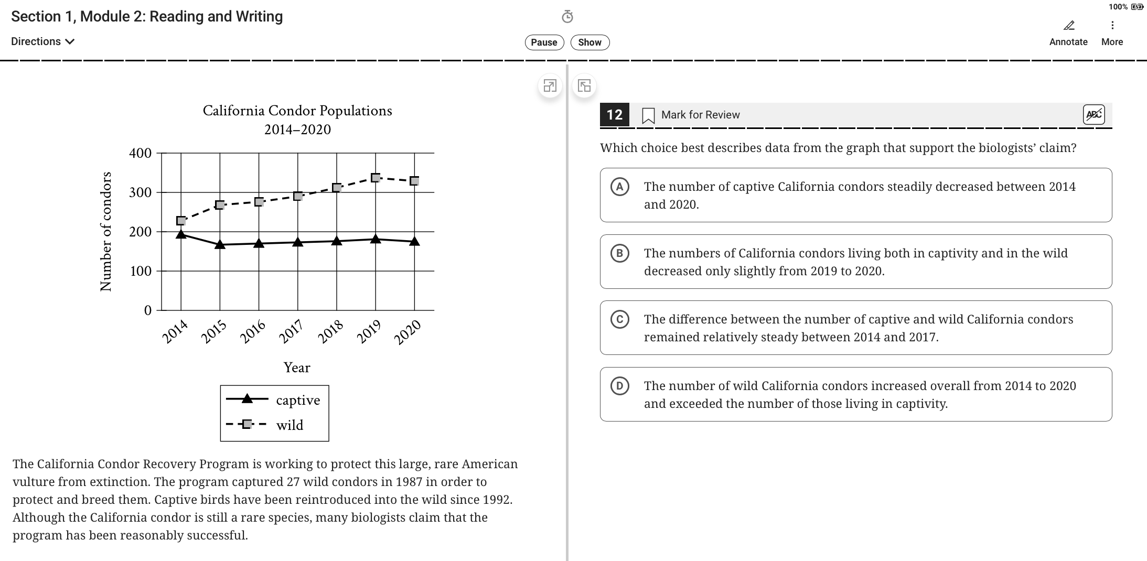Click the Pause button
(x=544, y=42)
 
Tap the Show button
(x=589, y=42)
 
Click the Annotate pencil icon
(x=1068, y=26)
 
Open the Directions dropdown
(x=42, y=41)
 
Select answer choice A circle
(x=619, y=187)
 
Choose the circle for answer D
(x=619, y=386)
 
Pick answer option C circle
(x=619, y=319)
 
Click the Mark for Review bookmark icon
(x=648, y=115)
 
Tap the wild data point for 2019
(x=376, y=178)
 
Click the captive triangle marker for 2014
(x=181, y=234)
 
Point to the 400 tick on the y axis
(x=140, y=154)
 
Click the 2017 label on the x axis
(x=292, y=331)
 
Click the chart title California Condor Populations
(x=297, y=111)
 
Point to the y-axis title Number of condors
(x=106, y=231)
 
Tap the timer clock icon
(x=567, y=17)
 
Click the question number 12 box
(x=614, y=115)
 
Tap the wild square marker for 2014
(x=181, y=221)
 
